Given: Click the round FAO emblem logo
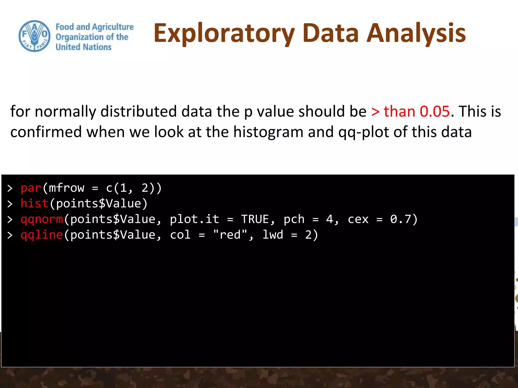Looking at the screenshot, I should [x=35, y=36].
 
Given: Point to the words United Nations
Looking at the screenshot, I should [x=83, y=47].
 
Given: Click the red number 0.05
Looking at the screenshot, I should [x=435, y=111].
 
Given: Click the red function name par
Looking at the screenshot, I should [x=31, y=188].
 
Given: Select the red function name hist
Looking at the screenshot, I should [x=34, y=204].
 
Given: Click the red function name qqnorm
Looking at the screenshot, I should [x=42, y=219].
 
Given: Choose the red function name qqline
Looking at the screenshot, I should [x=42, y=235].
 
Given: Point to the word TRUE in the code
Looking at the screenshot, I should [x=255, y=219].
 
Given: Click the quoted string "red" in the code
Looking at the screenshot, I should [x=230, y=235].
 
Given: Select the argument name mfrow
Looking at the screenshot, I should [x=67, y=188].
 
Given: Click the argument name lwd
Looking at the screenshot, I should [x=273, y=235].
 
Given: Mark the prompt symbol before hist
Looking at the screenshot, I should [x=10, y=204].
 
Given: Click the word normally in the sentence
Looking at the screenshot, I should [x=65, y=112].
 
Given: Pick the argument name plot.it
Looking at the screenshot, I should [x=194, y=219].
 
